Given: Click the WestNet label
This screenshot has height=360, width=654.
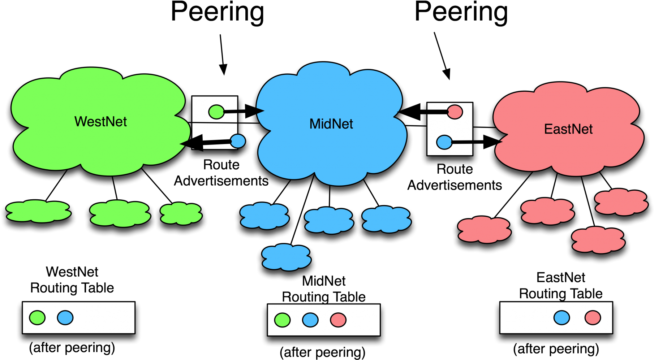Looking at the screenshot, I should click(x=100, y=122).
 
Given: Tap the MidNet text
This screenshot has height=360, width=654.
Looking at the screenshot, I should click(x=331, y=124).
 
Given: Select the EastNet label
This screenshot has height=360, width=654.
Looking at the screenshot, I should click(x=568, y=129).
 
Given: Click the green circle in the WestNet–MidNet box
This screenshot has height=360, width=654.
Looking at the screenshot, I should click(x=216, y=112).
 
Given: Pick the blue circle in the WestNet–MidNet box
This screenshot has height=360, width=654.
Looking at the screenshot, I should click(x=237, y=141).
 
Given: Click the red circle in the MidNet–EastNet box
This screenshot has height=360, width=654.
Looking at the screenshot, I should click(x=455, y=112).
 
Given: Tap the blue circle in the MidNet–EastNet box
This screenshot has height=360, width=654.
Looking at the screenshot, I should click(x=444, y=142).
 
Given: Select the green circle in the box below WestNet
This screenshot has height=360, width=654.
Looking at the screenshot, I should click(x=37, y=318).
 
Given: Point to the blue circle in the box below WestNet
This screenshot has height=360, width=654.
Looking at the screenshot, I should click(x=65, y=318).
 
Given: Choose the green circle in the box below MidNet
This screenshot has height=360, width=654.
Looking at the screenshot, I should click(x=282, y=320).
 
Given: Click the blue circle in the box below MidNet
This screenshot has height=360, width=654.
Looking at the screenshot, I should click(x=310, y=320).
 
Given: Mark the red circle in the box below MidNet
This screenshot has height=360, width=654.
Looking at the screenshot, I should click(x=338, y=320).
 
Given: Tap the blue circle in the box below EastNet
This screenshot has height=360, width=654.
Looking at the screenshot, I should click(x=562, y=318).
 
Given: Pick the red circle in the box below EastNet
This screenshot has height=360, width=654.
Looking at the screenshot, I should click(x=593, y=318).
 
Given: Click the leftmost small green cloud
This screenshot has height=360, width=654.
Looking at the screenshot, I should click(x=38, y=211).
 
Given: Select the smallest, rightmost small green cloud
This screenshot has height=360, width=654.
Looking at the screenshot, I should click(x=181, y=213).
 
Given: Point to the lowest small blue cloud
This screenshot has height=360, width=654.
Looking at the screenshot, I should click(x=286, y=257).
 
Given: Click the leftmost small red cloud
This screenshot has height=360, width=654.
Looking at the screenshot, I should click(x=484, y=230).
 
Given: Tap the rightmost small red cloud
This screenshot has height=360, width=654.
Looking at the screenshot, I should click(x=621, y=202).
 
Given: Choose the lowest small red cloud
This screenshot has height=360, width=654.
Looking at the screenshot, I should click(x=598, y=240).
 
